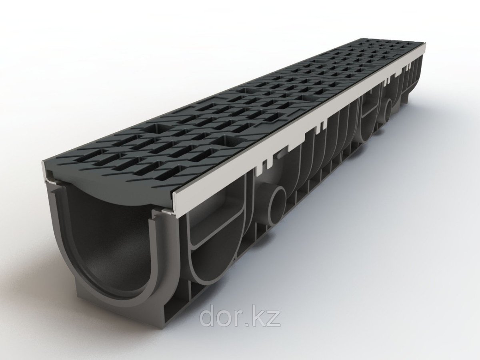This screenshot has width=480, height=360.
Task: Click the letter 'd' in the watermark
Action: (208, 317)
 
